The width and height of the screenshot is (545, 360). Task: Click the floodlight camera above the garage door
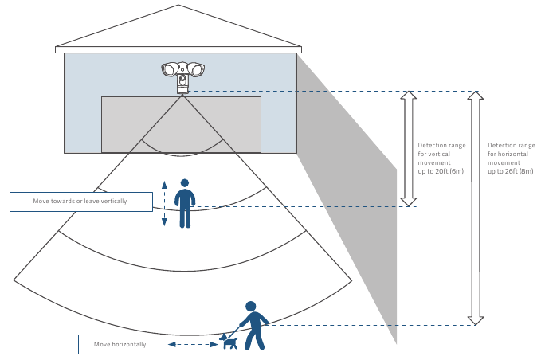[x=182, y=76]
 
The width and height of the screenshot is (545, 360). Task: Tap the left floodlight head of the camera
[x=170, y=68]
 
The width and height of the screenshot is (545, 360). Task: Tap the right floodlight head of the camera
[x=195, y=68]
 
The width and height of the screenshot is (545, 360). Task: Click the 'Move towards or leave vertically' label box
[x=80, y=202]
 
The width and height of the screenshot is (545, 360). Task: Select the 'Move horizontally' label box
[x=120, y=344]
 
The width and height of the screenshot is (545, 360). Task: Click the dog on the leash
[x=229, y=342]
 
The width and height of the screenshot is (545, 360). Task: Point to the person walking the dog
[x=254, y=327]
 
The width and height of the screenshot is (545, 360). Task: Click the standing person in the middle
[x=185, y=205]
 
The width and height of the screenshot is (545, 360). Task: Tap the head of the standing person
[x=185, y=182]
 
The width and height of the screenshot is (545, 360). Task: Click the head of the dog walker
[x=250, y=306]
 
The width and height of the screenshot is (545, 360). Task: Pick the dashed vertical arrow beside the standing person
[x=164, y=204]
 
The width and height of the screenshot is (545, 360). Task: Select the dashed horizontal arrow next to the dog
[x=189, y=344]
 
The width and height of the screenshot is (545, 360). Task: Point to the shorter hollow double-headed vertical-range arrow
[x=408, y=149]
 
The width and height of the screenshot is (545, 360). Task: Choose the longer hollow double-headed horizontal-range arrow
[x=475, y=208]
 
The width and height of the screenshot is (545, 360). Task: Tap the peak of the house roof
[x=178, y=6]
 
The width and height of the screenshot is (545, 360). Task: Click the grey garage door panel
[x=181, y=124]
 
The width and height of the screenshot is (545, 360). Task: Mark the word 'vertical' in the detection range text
[x=435, y=155]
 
